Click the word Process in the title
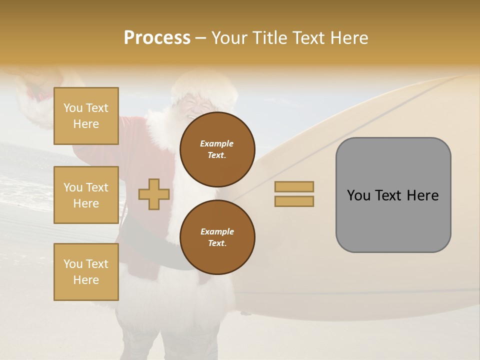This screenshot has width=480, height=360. [x=157, y=38]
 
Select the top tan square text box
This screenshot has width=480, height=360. [x=86, y=116]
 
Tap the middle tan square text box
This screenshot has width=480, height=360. [x=86, y=195]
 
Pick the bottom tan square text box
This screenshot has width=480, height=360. [x=86, y=272]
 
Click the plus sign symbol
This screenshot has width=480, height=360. [x=154, y=194]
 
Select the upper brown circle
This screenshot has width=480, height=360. [x=217, y=149]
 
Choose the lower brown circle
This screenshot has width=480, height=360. [x=217, y=237]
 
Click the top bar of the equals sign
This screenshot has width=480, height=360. [x=294, y=186]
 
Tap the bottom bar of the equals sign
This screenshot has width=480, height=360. [x=294, y=201]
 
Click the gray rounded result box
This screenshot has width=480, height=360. [x=393, y=195]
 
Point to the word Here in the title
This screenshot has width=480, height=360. [x=349, y=38]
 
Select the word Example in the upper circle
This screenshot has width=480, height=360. [x=217, y=143]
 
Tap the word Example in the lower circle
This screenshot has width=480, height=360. [x=217, y=231]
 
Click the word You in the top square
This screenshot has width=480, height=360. [x=73, y=108]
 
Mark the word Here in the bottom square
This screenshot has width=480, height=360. [x=86, y=280]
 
